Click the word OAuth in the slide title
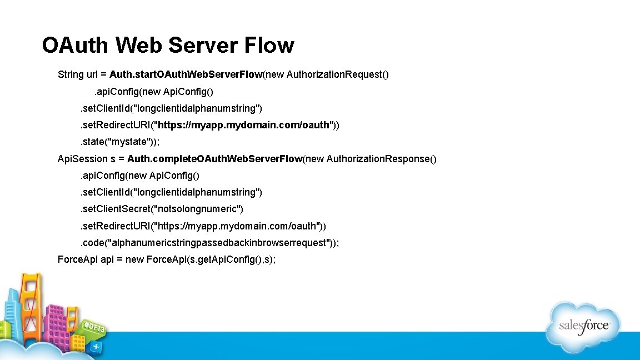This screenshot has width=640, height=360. pyautogui.click(x=73, y=45)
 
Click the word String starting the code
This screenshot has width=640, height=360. pyautogui.click(x=71, y=74)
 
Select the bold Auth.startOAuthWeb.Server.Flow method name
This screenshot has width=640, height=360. pyautogui.click(x=186, y=74)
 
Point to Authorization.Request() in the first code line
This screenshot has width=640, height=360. pyautogui.click(x=337, y=74)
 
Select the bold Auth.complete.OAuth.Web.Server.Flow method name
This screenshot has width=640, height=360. pyautogui.click(x=214, y=159)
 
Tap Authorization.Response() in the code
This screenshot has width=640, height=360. pyautogui.click(x=382, y=159)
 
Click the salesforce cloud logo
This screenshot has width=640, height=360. pyautogui.click(x=583, y=326)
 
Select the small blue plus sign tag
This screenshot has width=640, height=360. pyautogui.click(x=96, y=346)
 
